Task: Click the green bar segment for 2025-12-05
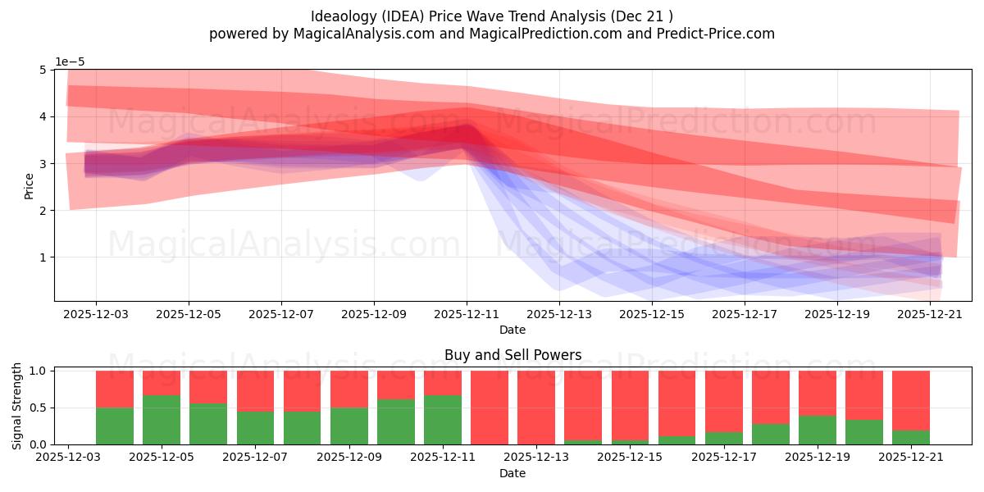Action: (x=162, y=420)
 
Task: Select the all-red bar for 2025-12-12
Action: (x=490, y=408)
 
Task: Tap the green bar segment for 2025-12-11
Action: (x=443, y=420)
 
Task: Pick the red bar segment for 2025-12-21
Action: (x=911, y=401)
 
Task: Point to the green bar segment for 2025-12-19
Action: (x=817, y=430)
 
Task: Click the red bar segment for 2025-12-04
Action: (x=115, y=389)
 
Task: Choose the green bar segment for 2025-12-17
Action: (x=723, y=439)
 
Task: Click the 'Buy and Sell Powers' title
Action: (x=512, y=355)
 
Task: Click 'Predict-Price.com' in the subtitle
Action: (x=716, y=34)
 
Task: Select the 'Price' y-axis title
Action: (x=29, y=186)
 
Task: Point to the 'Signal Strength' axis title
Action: (x=16, y=407)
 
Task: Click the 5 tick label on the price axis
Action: (x=43, y=70)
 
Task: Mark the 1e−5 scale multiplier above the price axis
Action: (x=70, y=62)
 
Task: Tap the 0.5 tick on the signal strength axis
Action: (x=38, y=408)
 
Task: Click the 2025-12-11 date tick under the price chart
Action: (x=467, y=315)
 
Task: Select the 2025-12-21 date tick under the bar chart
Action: (x=911, y=458)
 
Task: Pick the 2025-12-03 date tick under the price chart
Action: (x=96, y=315)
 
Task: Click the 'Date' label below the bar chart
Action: (x=512, y=473)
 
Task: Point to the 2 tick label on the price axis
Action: (x=43, y=211)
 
